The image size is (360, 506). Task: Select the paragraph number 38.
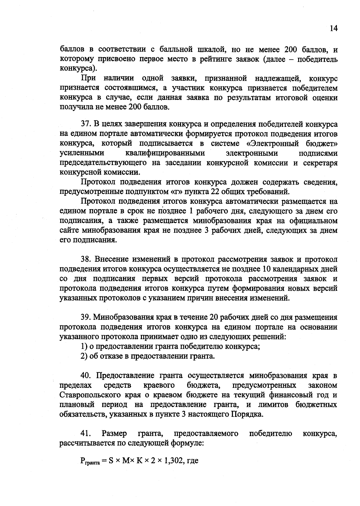[x=85, y=259]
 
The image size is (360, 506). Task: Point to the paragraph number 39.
[x=85, y=317]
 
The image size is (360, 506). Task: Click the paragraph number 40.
[x=85, y=375]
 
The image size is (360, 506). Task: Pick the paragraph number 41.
[x=85, y=433]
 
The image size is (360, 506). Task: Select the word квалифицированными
[x=165, y=153]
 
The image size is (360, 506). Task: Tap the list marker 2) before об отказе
[x=84, y=356]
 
